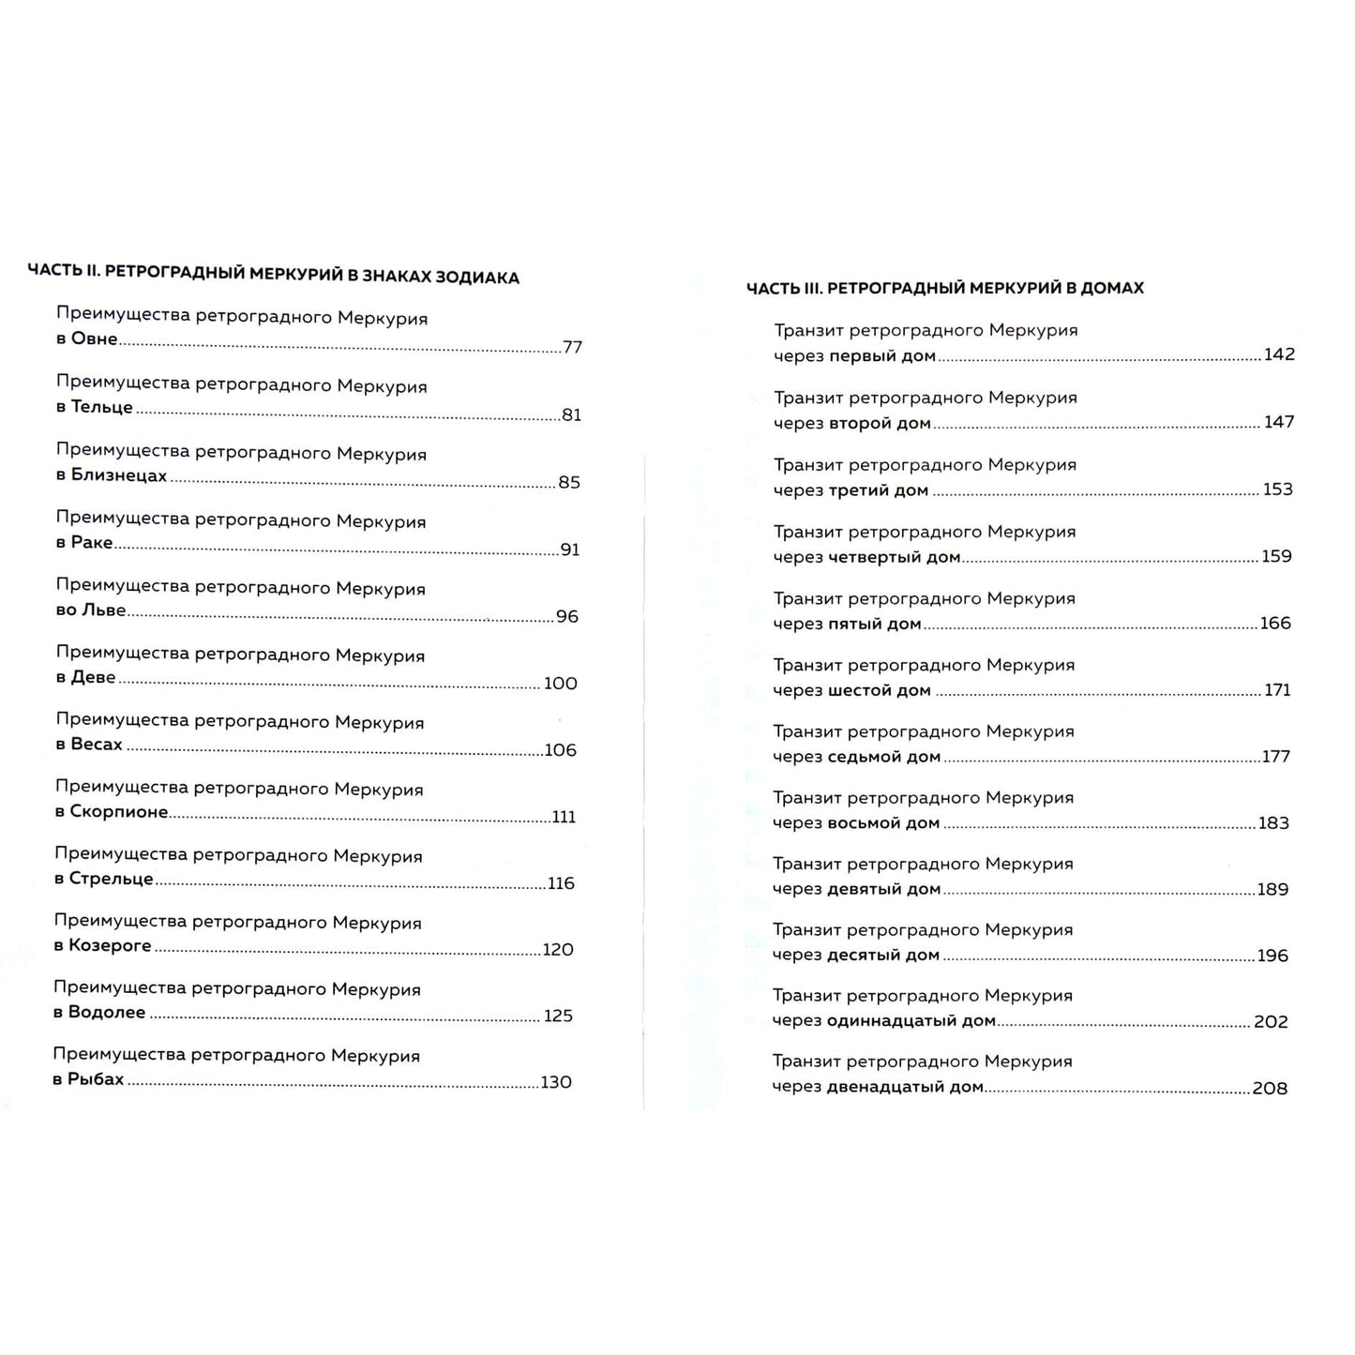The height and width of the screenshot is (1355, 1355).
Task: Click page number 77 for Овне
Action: [572, 348]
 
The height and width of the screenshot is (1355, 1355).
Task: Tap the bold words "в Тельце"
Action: [95, 408]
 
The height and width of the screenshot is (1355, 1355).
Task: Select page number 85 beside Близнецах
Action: [569, 483]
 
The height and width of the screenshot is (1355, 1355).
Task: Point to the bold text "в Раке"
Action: [84, 543]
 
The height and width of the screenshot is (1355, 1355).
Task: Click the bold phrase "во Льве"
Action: [91, 610]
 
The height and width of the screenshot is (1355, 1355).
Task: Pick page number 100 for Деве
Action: [560, 684]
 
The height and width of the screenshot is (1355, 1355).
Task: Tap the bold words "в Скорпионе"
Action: [112, 812]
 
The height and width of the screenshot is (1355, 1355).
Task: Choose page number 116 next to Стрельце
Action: [561, 883]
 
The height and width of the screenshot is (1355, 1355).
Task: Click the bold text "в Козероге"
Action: [103, 946]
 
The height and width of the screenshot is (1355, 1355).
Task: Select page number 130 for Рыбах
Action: [556, 1082]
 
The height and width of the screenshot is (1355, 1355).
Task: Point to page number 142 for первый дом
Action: [1279, 354]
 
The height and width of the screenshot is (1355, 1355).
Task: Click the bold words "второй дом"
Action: [880, 424]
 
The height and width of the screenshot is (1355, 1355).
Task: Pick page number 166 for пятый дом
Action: [1275, 624]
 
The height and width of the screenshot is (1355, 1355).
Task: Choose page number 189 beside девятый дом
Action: [1272, 890]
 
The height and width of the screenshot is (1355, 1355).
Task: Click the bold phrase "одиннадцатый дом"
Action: [911, 1021]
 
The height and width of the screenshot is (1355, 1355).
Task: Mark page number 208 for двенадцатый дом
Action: [1270, 1089]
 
